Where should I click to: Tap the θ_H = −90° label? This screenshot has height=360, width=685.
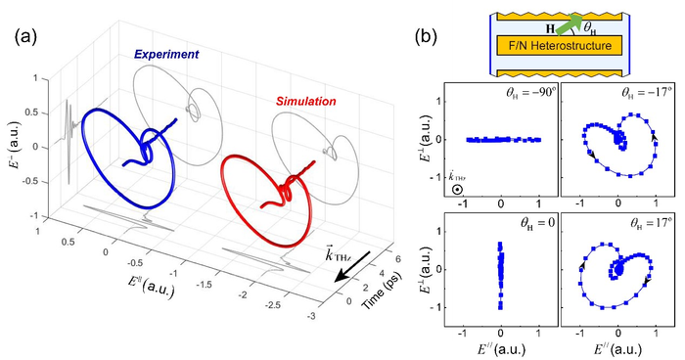click(x=523, y=96)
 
